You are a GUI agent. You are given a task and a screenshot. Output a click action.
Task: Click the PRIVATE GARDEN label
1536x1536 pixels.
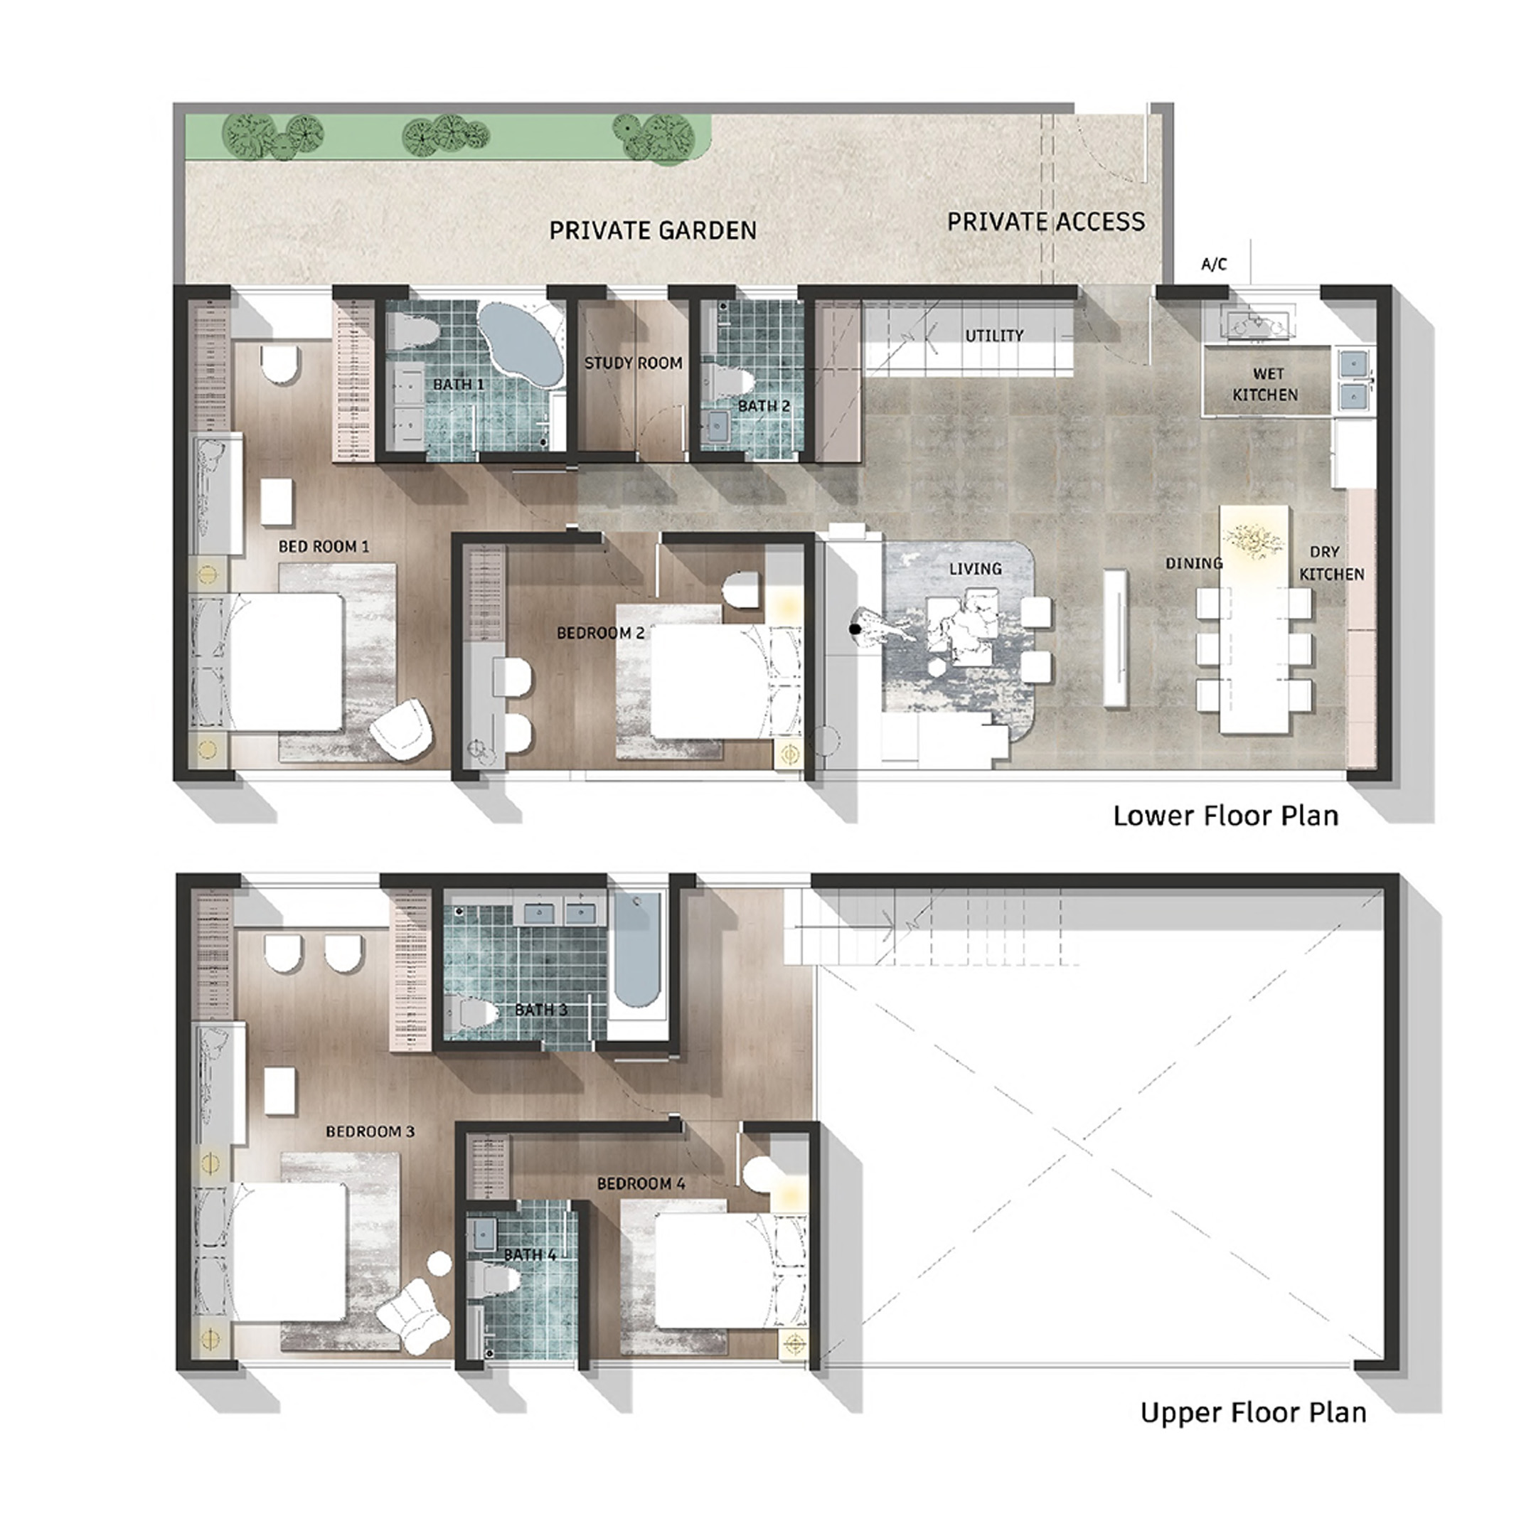point(653,230)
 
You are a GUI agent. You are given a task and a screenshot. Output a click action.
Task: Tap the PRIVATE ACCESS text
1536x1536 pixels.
point(1045,221)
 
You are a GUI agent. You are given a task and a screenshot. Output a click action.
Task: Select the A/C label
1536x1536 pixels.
point(1213,265)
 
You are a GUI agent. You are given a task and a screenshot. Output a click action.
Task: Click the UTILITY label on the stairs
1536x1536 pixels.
point(994,336)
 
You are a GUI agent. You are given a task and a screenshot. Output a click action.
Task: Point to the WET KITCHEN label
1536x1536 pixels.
point(1265,384)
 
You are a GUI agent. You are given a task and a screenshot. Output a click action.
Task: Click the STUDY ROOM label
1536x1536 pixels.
point(634,363)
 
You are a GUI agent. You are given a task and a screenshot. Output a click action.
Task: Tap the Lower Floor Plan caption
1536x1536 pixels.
point(1225,816)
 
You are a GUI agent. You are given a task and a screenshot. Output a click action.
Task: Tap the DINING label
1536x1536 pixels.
point(1193,564)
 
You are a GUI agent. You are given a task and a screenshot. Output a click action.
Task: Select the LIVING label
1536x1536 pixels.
point(975,569)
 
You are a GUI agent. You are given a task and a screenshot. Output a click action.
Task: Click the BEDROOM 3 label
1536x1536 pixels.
point(370,1131)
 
